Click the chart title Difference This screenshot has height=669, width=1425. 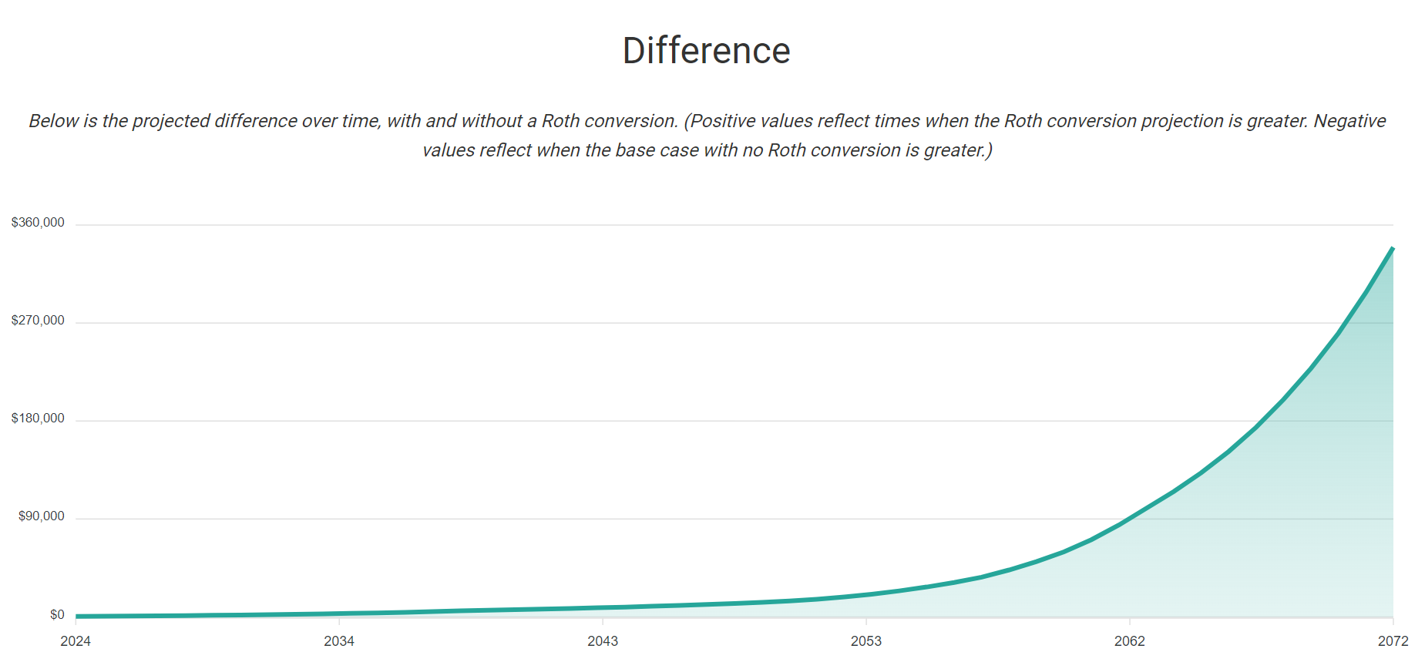pos(706,51)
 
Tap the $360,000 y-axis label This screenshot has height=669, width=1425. pos(38,223)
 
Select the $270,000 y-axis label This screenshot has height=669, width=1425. pos(38,321)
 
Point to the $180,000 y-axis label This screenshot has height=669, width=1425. pos(38,419)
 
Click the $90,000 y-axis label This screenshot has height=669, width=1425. pos(42,516)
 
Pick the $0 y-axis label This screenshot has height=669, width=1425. pos(57,615)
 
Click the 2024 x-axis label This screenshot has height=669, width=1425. pos(76,641)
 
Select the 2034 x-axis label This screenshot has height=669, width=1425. pos(339,641)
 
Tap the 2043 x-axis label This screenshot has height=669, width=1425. pos(603,641)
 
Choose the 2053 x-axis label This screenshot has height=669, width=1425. pos(866,641)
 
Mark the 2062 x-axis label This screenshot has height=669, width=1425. pos(1130,641)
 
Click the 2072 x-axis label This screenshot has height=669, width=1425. pos(1393,641)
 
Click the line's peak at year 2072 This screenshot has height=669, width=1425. pos(1393,248)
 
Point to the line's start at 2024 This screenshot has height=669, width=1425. pos(77,616)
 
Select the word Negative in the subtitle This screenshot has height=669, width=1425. pos(1349,121)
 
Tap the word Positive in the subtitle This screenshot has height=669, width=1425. pos(723,121)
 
